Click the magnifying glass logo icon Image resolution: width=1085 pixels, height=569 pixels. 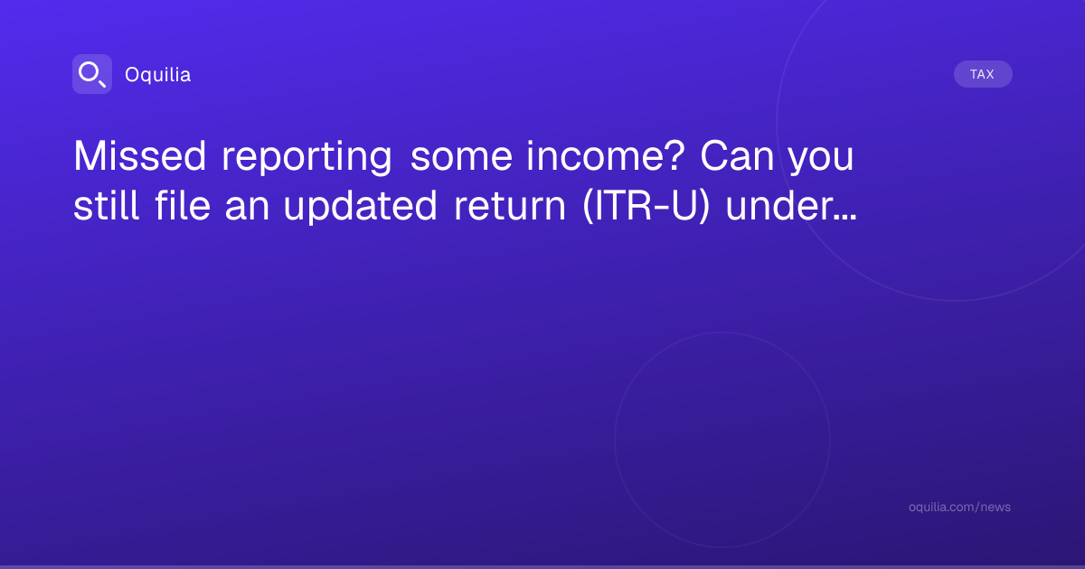92,74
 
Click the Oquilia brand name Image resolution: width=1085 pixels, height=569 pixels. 158,75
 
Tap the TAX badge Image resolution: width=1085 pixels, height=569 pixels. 983,74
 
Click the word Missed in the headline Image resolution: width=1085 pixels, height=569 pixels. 140,156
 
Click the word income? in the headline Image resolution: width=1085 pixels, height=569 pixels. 606,156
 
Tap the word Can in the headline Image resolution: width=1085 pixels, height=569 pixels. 737,156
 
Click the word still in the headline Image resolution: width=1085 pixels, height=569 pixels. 106,206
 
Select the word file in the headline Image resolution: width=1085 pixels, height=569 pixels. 183,206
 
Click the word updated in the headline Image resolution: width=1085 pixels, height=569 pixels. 361,206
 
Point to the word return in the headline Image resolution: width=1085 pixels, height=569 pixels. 510,208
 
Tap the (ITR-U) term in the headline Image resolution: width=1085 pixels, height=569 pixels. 646,207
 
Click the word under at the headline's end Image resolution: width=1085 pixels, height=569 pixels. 779,206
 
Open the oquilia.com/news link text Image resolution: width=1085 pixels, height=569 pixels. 959,507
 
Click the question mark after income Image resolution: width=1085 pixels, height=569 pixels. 675,156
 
